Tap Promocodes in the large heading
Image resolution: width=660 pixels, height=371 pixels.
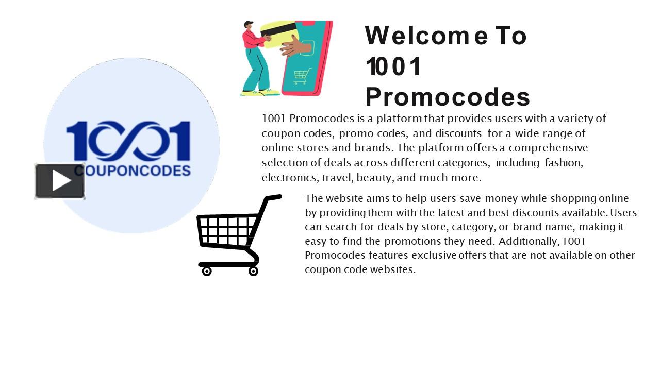tap(447, 96)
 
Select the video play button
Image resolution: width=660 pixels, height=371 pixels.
tap(60, 181)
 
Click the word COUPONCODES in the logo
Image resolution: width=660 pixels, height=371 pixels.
tap(133, 171)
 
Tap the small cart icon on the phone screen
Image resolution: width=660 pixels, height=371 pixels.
tap(302, 75)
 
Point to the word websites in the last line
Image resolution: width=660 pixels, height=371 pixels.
tap(392, 269)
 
